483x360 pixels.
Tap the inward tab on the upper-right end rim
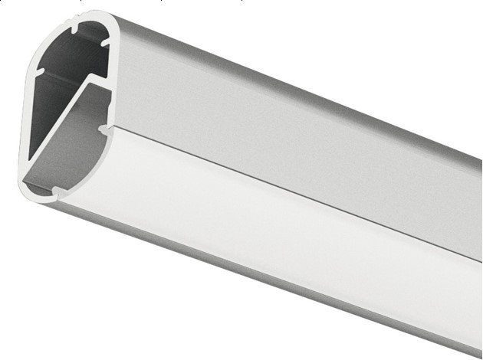click(x=106, y=41)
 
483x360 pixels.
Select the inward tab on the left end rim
click(x=38, y=72)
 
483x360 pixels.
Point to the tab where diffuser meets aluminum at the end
click(x=103, y=129)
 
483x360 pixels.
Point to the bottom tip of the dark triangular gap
click(x=30, y=158)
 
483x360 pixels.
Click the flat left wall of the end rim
click(x=25, y=115)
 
